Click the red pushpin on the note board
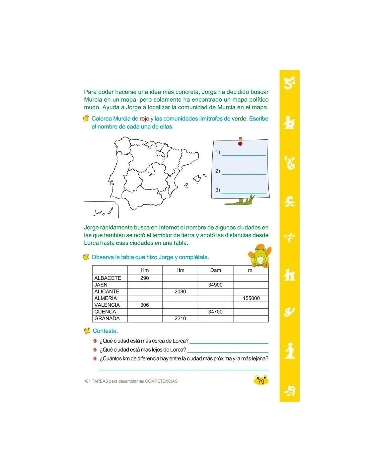coord(240,144)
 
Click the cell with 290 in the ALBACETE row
coord(145,278)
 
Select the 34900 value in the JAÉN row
coord(215,285)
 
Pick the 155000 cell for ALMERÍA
coord(251,298)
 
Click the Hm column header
coord(180,270)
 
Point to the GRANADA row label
coord(107,319)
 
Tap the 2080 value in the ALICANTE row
coord(180,291)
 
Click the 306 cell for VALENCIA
coord(145,305)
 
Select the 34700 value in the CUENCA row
coord(215,312)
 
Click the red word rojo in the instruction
coord(144,119)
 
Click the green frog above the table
coord(260,256)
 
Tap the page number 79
coord(261,381)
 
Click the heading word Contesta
coord(105,331)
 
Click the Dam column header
coord(215,270)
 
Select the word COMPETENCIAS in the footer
coord(161,381)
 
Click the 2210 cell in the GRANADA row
coord(180,319)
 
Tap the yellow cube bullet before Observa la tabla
coord(86,257)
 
